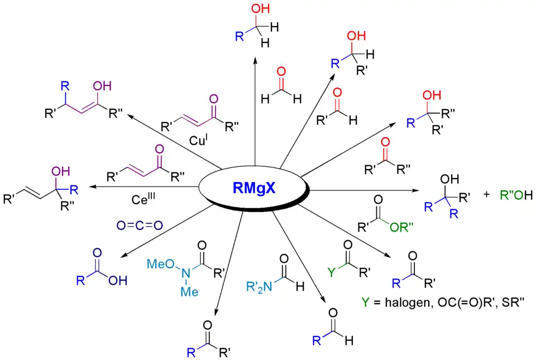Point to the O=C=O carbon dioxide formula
click(x=139, y=225)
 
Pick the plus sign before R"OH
click(x=486, y=196)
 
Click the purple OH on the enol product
click(x=102, y=87)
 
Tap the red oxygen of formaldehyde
click(x=281, y=71)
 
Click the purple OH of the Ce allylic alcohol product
click(x=60, y=170)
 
